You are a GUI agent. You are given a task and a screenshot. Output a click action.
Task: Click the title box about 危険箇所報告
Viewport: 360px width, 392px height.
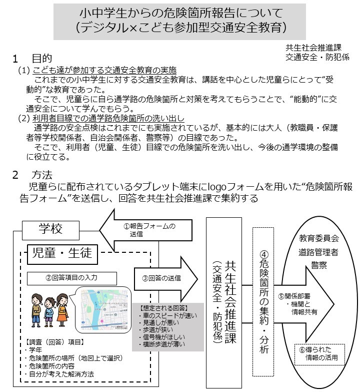pos(180,21)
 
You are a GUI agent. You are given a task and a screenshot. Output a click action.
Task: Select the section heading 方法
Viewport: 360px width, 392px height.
pos(42,175)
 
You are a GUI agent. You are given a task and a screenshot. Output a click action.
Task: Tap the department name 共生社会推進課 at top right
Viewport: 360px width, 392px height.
pos(313,48)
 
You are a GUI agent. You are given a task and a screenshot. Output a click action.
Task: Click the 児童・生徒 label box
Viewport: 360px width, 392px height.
pos(62,253)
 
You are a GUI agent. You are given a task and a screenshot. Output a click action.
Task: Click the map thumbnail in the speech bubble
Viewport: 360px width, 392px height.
pos(103,308)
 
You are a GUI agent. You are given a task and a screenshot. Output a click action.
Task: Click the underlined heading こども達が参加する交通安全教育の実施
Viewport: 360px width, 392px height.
pos(105,71)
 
